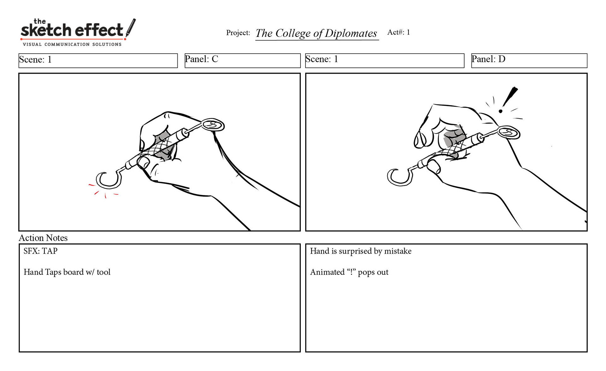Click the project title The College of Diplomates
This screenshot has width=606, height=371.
click(316, 33)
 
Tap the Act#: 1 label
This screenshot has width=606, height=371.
click(399, 32)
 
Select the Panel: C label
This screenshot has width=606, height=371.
click(201, 59)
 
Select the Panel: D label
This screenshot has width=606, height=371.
click(488, 59)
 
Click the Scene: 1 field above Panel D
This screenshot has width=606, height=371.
click(385, 61)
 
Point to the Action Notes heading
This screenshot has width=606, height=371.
click(43, 238)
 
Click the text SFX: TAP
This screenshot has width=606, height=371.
click(40, 251)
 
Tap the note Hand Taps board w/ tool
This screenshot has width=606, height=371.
click(67, 272)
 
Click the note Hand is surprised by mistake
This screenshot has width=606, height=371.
click(361, 251)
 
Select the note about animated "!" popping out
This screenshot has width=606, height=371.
click(349, 272)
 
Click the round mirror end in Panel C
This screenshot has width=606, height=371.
click(213, 125)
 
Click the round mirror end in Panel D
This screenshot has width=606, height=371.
click(509, 132)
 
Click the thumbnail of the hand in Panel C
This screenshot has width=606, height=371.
click(144, 162)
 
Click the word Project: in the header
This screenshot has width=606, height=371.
click(238, 33)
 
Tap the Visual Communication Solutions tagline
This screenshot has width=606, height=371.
click(72, 44)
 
